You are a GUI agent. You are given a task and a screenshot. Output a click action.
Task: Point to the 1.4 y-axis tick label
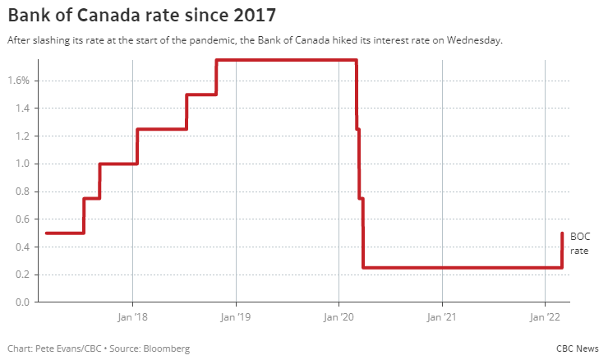click(22, 108)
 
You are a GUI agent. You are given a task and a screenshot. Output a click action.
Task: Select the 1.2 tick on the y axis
click(22, 136)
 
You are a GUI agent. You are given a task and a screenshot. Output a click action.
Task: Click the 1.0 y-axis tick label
click(22, 164)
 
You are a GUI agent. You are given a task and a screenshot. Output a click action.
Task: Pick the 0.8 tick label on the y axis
click(22, 192)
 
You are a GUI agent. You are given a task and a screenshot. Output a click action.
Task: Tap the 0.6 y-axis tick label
click(22, 219)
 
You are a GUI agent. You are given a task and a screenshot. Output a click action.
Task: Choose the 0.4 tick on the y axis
click(22, 247)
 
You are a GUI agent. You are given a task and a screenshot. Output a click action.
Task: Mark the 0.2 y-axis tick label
click(22, 275)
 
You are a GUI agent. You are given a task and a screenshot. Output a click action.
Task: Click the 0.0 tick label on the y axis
click(22, 302)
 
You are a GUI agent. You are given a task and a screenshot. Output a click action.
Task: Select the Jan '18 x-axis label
click(132, 316)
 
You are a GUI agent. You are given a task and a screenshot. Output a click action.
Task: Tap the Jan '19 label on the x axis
click(236, 316)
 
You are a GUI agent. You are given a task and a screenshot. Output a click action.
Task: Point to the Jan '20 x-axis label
click(339, 316)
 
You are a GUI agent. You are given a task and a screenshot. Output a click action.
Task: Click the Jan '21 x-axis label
click(442, 316)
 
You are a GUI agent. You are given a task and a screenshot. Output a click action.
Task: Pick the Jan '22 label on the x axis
click(545, 316)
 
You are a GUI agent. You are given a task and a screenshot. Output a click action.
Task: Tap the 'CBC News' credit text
click(578, 348)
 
